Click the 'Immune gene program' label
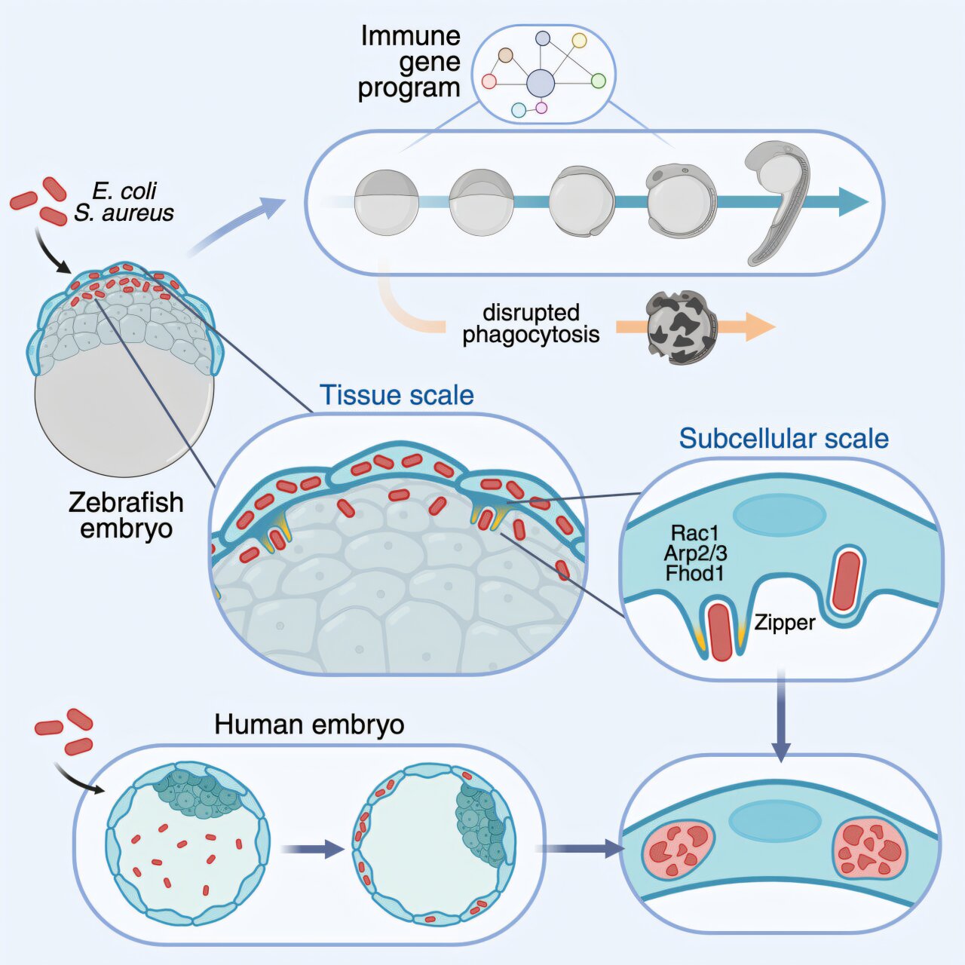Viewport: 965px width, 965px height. point(409,62)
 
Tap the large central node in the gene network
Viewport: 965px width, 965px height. point(540,84)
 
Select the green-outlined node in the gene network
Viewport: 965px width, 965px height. point(598,81)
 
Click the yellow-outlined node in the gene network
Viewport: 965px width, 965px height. point(579,41)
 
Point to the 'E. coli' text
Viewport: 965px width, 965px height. point(124,191)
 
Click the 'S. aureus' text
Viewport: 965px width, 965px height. point(124,213)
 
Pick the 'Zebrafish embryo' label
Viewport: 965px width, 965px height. point(126,515)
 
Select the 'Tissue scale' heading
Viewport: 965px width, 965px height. point(397,395)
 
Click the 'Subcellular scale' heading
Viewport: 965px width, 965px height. point(783,438)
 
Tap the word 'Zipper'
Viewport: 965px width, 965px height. point(785,623)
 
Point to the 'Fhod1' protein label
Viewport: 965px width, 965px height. point(694,574)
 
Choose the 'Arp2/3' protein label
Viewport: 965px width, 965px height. point(695,553)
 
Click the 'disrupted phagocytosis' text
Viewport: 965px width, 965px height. point(531,323)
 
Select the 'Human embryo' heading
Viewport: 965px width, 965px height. point(309,725)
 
